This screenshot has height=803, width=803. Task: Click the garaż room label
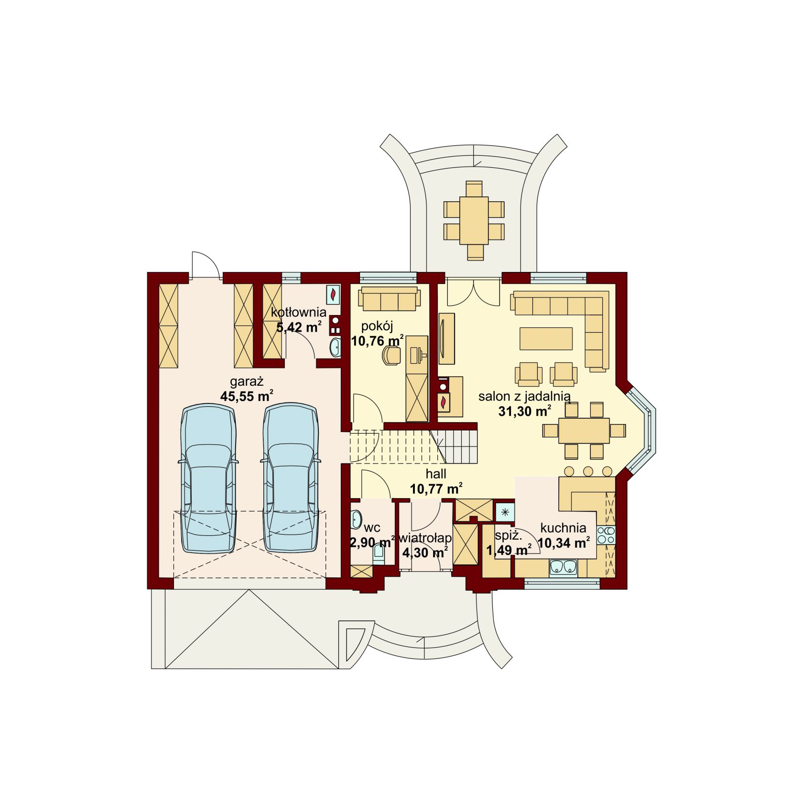point(247,382)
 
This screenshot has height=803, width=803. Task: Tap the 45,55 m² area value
point(247,396)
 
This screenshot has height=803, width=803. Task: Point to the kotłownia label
point(299,313)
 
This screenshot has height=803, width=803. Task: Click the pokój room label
point(377,327)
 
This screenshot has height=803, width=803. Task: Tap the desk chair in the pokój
point(391,355)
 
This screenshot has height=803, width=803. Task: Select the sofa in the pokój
point(390,299)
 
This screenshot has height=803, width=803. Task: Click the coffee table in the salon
point(546,338)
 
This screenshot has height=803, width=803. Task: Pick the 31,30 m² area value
point(525,411)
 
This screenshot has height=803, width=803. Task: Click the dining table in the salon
point(584,431)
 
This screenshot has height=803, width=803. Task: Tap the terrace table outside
point(474,221)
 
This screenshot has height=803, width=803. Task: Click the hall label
point(436,474)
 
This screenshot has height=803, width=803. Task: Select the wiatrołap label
point(425,538)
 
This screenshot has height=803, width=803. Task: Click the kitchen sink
point(563,567)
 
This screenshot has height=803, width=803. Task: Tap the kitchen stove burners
point(606,534)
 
